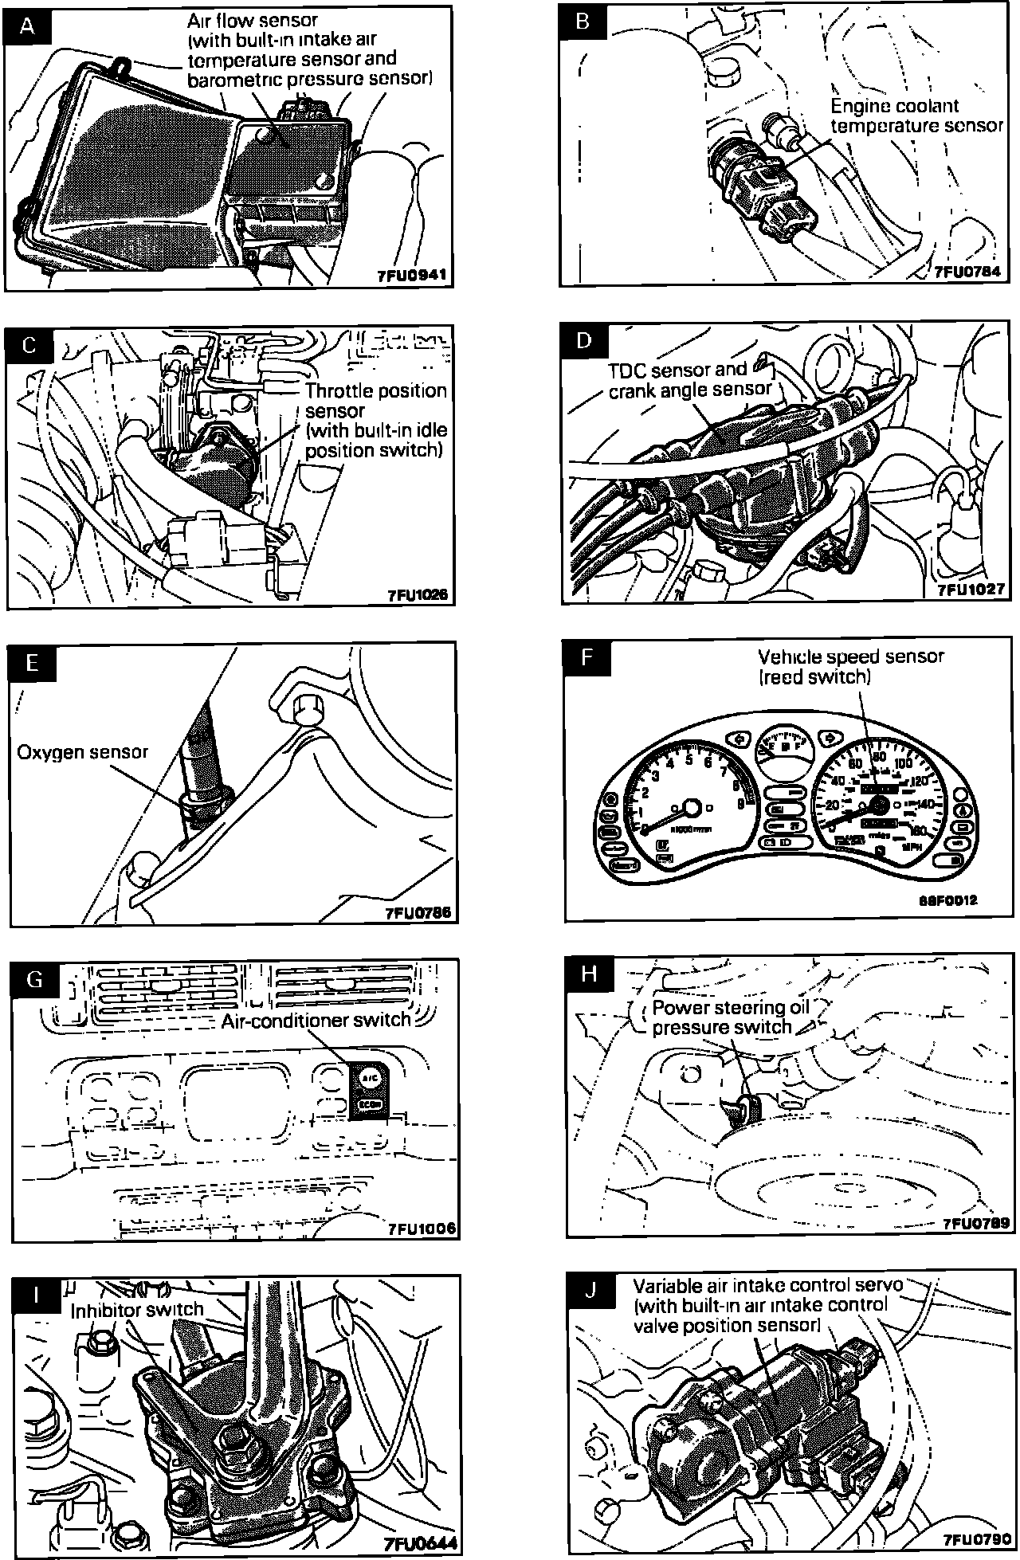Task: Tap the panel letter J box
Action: click(590, 1290)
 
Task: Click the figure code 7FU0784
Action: click(966, 272)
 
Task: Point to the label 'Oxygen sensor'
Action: click(83, 751)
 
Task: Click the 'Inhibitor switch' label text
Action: click(136, 1310)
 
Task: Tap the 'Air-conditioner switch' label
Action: click(316, 1020)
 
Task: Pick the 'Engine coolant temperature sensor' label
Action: click(916, 116)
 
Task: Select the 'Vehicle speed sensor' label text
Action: click(850, 666)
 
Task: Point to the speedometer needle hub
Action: click(880, 804)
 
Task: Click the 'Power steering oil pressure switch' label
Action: click(730, 1017)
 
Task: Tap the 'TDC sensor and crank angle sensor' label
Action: click(690, 379)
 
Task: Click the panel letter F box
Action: click(587, 658)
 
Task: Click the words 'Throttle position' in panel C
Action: click(376, 391)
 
